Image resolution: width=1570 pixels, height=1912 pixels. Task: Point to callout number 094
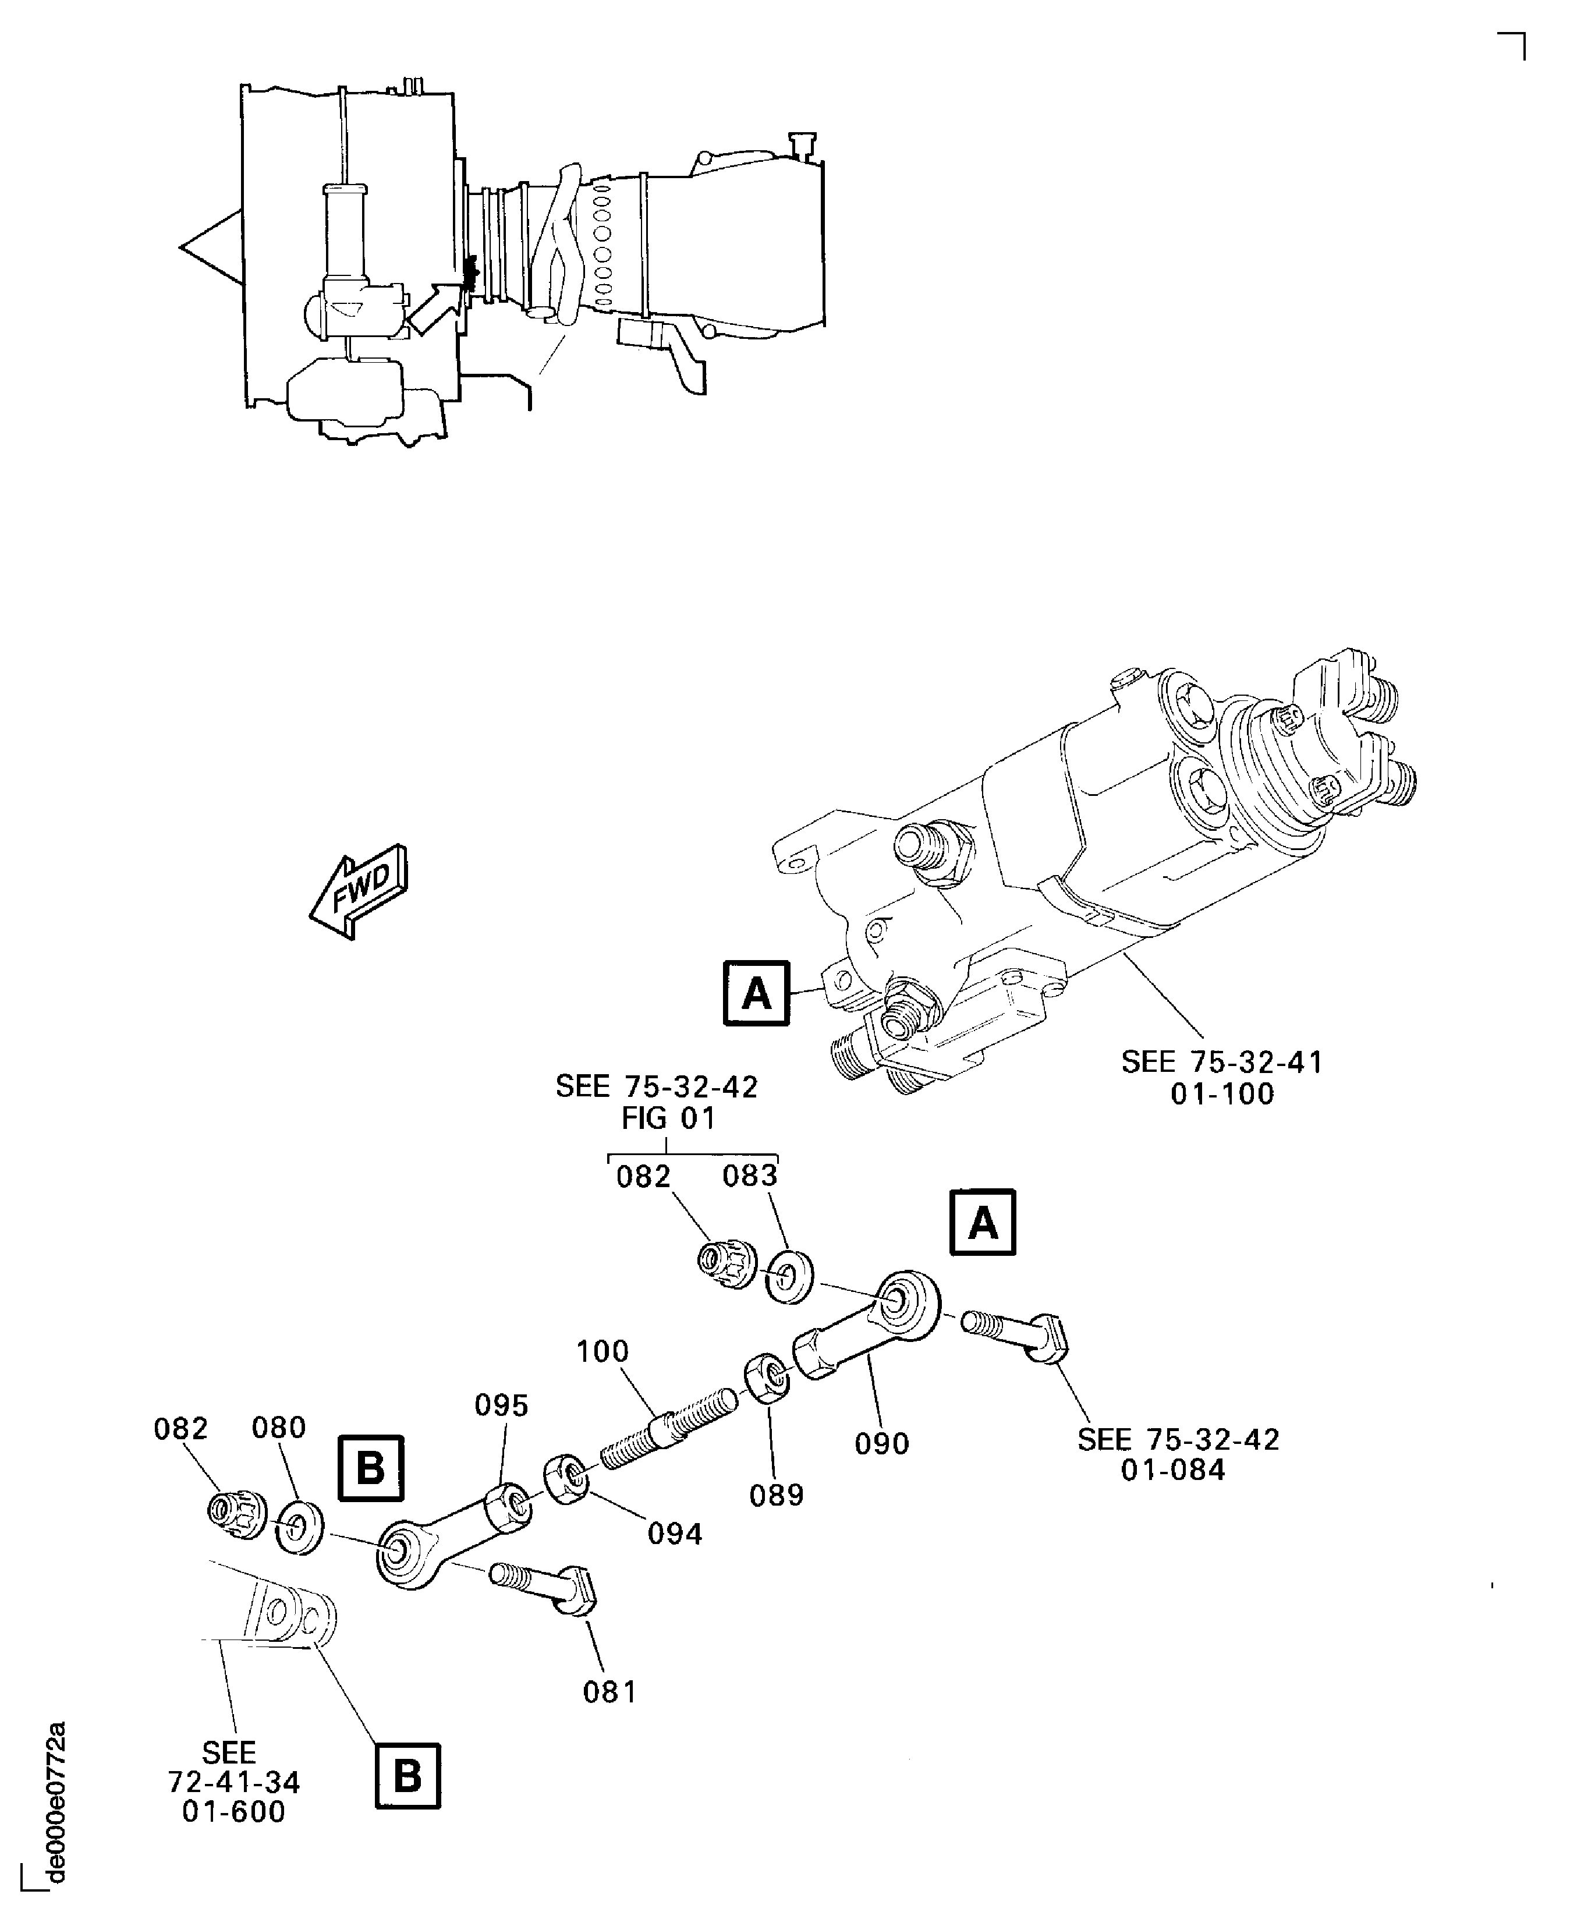[x=675, y=1534]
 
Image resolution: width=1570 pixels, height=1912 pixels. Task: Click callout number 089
[x=776, y=1496]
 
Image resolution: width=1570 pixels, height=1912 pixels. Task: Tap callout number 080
[x=278, y=1428]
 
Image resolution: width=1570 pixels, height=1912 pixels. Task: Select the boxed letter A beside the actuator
[x=756, y=993]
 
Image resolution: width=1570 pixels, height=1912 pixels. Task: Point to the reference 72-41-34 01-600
[x=233, y=1783]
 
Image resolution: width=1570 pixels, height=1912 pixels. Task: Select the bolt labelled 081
[x=543, y=1587]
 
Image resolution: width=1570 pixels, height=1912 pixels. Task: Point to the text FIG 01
[x=668, y=1119]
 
